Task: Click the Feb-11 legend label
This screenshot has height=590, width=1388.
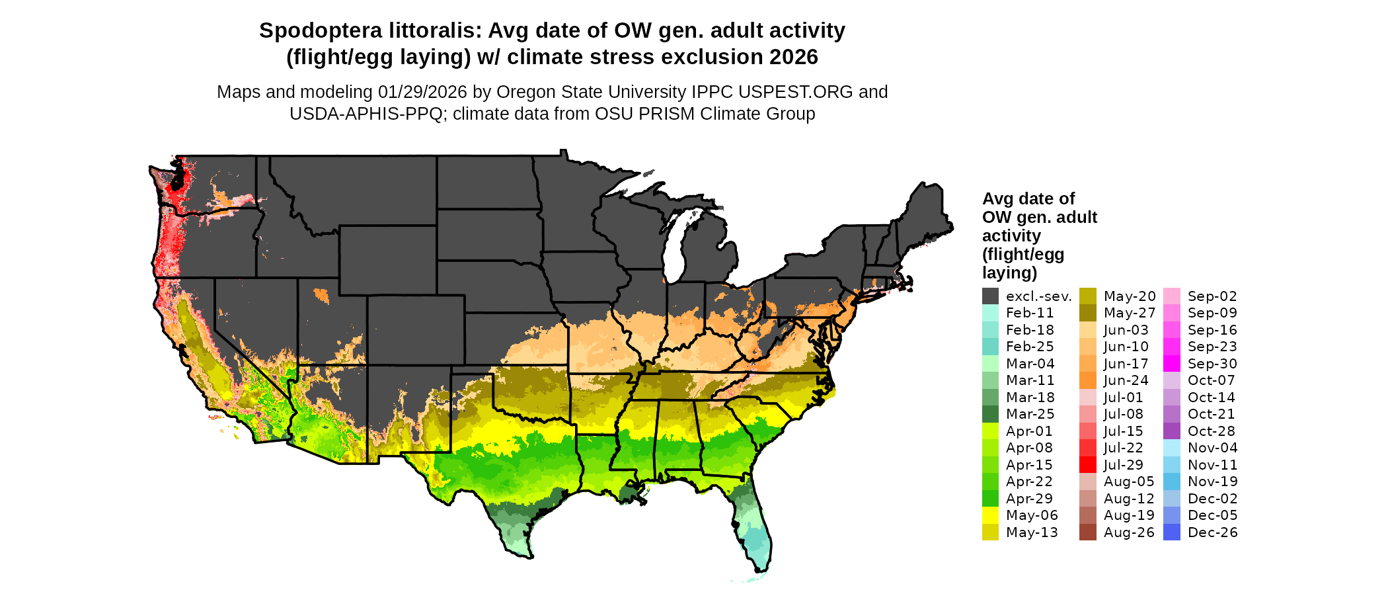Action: (1030, 313)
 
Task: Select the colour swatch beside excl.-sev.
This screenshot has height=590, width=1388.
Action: (990, 296)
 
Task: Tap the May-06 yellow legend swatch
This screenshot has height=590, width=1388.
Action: (990, 515)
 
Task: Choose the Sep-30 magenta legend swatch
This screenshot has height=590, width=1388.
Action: (1172, 364)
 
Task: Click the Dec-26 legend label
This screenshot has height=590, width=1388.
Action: (1212, 532)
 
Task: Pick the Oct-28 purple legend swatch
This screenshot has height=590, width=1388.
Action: (1172, 431)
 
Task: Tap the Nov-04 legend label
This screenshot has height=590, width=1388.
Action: (1212, 448)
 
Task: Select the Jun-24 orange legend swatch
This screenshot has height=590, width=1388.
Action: (1088, 380)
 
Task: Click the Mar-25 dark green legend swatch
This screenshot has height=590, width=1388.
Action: (990, 414)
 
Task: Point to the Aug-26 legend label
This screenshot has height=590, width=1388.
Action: (1129, 532)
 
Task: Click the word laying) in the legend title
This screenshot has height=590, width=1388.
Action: (1009, 273)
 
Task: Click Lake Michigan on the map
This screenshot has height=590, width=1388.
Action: (674, 248)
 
